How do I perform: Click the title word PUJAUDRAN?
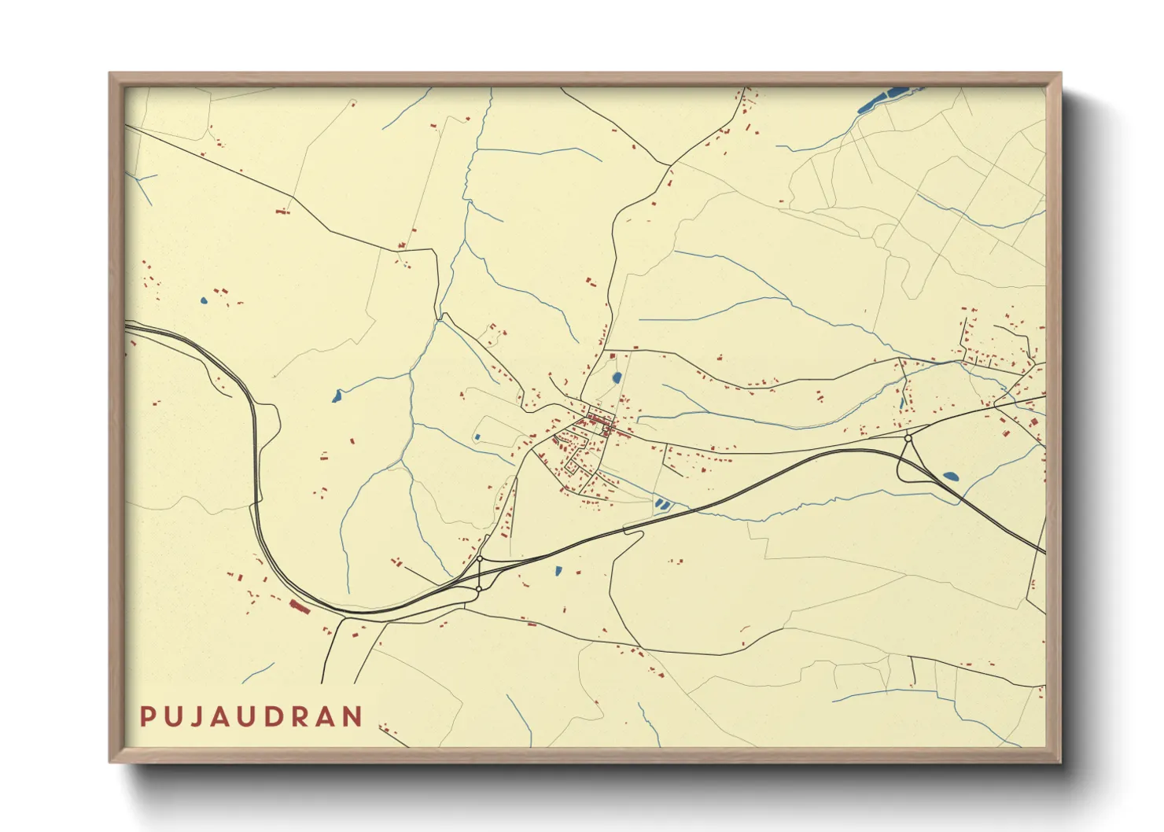pyautogui.click(x=252, y=716)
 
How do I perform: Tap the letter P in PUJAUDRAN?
pyautogui.click(x=147, y=716)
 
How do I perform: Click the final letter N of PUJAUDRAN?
pyautogui.click(x=353, y=716)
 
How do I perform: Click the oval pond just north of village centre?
pyautogui.click(x=617, y=378)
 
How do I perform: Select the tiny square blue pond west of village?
pyautogui.click(x=477, y=437)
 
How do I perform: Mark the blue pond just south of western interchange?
pyautogui.click(x=558, y=571)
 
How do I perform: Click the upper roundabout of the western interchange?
pyautogui.click(x=480, y=558)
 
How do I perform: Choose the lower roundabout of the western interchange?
pyautogui.click(x=478, y=588)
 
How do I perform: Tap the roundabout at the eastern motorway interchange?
pyautogui.click(x=908, y=438)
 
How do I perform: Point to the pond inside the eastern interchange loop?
pyautogui.click(x=950, y=477)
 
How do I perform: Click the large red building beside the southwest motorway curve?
pyautogui.click(x=300, y=606)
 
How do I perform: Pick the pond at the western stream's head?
pyautogui.click(x=337, y=396)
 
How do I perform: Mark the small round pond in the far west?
pyautogui.click(x=204, y=300)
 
